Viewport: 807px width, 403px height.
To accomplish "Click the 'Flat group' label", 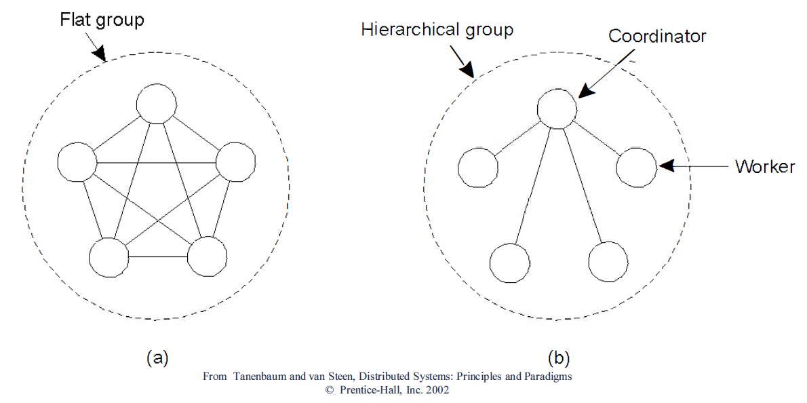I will (101, 19).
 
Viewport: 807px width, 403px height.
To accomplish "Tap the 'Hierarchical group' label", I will (437, 30).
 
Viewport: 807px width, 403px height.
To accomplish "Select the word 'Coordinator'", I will (657, 35).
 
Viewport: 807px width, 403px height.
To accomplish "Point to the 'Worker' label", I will (764, 166).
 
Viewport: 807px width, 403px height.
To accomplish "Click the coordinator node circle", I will (557, 108).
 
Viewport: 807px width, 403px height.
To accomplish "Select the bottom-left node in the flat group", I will (109, 258).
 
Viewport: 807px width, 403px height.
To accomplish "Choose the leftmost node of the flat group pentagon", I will (77, 163).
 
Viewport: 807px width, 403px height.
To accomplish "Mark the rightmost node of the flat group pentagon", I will (236, 163).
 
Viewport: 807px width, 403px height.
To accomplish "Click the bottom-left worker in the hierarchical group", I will (509, 263).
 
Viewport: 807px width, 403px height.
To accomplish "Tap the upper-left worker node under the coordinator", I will (478, 167).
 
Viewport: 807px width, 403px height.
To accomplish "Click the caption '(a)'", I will (157, 358).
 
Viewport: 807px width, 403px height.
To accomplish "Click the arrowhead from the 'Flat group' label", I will (101, 53).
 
